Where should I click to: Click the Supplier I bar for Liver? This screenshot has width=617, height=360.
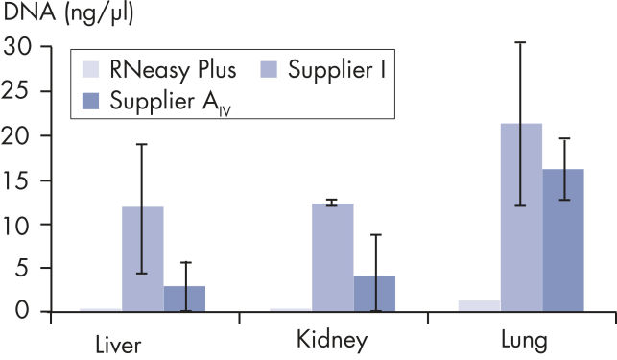point(142,259)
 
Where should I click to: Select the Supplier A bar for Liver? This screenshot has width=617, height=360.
point(184,299)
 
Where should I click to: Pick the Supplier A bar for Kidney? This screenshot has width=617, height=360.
point(374,294)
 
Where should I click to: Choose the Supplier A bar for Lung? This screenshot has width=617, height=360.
point(563,240)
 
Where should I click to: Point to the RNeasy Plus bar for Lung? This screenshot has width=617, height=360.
point(479,305)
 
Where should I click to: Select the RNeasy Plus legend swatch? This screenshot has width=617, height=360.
point(90,68)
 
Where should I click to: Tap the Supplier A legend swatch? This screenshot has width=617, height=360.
point(90,99)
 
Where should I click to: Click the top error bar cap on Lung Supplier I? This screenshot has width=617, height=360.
point(521,42)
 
